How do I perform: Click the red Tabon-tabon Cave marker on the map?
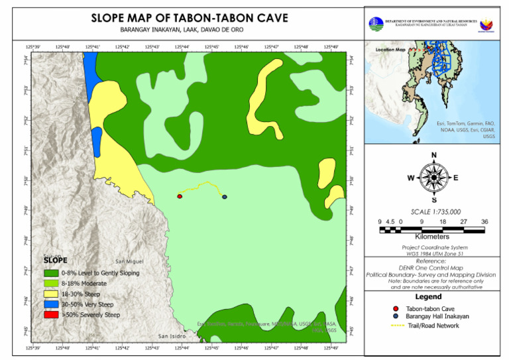click(180, 196)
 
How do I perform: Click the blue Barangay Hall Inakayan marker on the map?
click(225, 197)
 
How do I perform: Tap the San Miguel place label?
click(129, 262)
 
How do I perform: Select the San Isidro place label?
click(172, 335)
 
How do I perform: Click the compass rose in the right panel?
click(433, 178)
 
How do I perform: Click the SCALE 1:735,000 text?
click(435, 211)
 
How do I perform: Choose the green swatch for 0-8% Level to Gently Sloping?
click(50, 272)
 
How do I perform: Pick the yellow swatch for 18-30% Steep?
click(50, 293)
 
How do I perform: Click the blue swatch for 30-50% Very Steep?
click(50, 304)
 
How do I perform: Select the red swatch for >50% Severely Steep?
click(50, 314)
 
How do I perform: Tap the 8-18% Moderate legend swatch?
click(50, 283)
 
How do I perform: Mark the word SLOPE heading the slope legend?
click(55, 261)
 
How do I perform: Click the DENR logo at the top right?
click(376, 24)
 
